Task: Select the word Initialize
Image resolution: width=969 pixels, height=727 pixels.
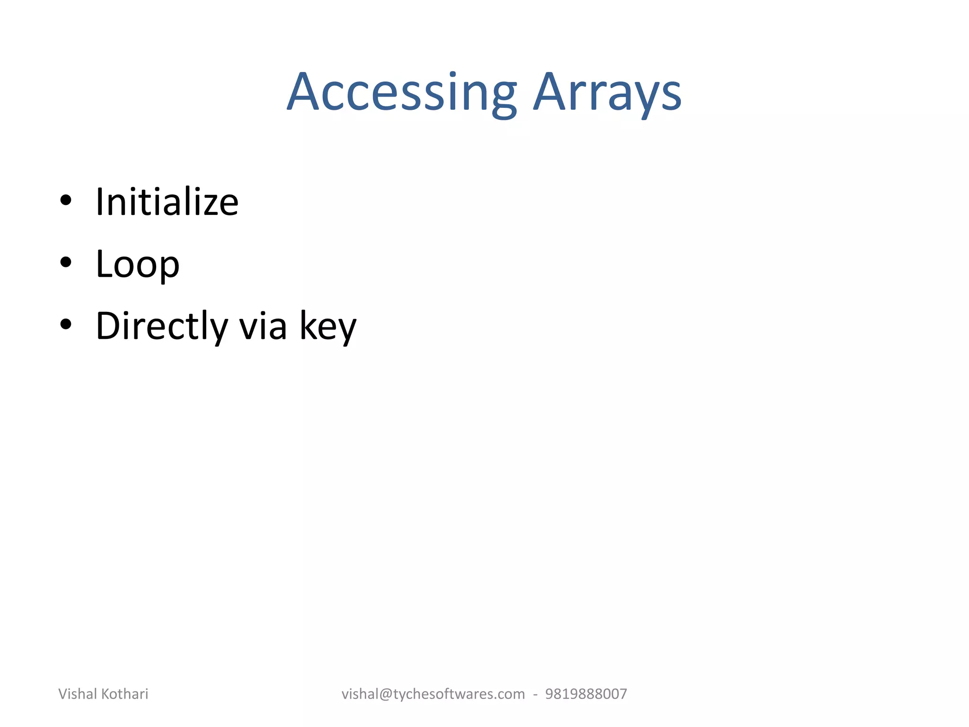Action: pyautogui.click(x=167, y=202)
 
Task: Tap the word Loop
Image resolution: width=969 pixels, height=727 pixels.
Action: pyautogui.click(x=138, y=265)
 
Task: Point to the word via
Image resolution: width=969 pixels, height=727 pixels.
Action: pyautogui.click(x=263, y=327)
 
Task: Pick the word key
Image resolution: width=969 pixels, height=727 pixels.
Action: pyautogui.click(x=328, y=327)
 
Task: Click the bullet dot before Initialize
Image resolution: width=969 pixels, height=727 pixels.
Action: pyautogui.click(x=66, y=200)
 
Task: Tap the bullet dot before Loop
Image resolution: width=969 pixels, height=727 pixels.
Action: pyautogui.click(x=66, y=262)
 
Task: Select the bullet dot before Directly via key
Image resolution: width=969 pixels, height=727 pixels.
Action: pyautogui.click(x=66, y=324)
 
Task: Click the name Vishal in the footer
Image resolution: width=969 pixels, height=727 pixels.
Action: pyautogui.click(x=78, y=694)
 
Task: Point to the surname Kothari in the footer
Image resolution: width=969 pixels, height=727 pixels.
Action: pyautogui.click(x=124, y=694)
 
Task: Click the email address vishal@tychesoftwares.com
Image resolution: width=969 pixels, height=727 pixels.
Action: pyautogui.click(x=433, y=694)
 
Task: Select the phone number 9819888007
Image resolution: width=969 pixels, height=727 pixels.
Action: pyautogui.click(x=586, y=694)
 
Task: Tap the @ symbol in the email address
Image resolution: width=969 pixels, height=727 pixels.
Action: pyautogui.click(x=386, y=694)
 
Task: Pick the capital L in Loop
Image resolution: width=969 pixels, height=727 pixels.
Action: pyautogui.click(x=105, y=264)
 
